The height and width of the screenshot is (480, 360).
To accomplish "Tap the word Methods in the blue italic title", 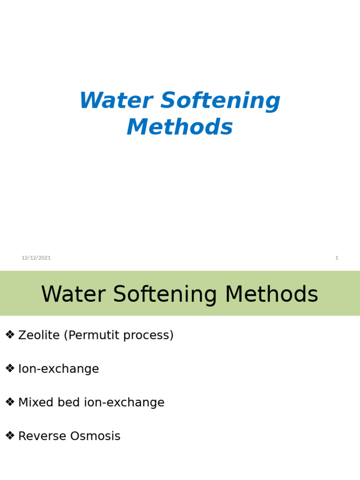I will pos(180,127).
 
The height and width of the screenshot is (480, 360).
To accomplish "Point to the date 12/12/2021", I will pos(36,258).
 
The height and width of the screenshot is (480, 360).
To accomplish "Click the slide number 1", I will pos(337,258).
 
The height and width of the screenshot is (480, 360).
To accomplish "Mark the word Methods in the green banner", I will pos(271,294).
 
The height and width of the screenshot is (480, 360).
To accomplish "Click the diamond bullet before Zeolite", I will pos(10,335).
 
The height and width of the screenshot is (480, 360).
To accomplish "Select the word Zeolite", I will pos(39,335).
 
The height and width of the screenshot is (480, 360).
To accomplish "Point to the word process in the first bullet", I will pos(151,336).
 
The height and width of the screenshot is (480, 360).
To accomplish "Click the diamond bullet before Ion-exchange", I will pos(10,368).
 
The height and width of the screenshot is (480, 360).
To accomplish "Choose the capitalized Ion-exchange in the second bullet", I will pos(59,369).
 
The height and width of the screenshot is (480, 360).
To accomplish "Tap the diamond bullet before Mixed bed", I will pos(10,402).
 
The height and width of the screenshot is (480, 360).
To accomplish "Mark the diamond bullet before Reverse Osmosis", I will pos(10,436).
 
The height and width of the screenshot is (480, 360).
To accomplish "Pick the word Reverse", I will pos(42,436).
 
